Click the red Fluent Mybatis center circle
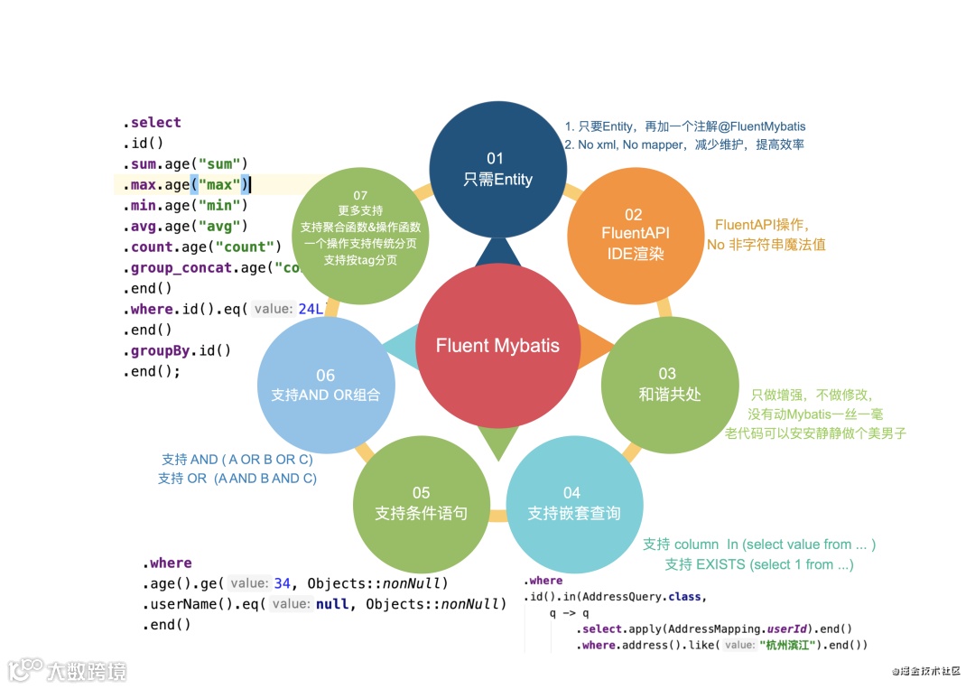coord(497,346)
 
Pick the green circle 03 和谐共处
coord(667,384)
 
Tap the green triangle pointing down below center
coord(497,442)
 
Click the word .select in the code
coord(154,123)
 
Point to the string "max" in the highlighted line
coord(219,185)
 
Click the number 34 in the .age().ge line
coord(283,583)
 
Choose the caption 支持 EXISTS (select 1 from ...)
coord(758,564)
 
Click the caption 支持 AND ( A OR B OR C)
coord(237,460)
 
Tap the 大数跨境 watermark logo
coord(68,670)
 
